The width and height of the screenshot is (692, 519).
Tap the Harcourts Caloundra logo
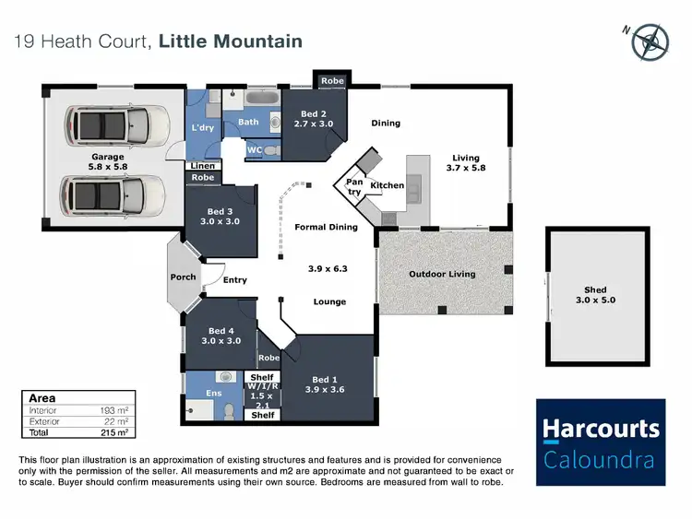click(601, 442)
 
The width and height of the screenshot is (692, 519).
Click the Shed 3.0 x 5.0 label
click(595, 295)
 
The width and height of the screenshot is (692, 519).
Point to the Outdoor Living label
click(442, 274)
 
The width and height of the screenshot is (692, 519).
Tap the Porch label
click(183, 277)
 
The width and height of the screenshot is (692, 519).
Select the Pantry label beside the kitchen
click(354, 187)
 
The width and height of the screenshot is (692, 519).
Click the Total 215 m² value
click(113, 431)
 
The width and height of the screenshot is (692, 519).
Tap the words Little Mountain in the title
click(231, 41)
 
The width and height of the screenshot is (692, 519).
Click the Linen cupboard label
click(203, 166)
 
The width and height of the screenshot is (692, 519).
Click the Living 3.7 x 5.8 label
click(466, 163)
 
